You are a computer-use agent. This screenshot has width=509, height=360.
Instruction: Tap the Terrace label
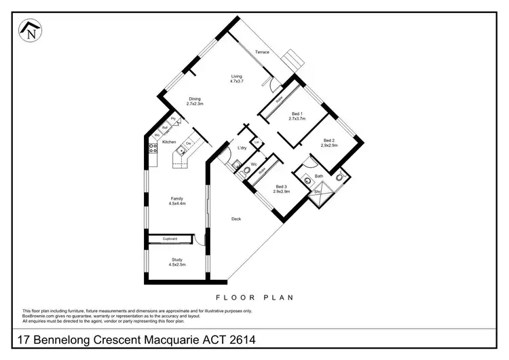[262, 52]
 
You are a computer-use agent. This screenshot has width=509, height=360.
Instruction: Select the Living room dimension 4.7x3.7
[236, 82]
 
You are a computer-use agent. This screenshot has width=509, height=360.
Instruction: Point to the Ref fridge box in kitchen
[165, 127]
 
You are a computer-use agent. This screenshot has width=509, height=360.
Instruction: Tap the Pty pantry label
[174, 119]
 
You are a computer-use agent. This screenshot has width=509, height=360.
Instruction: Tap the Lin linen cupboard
[257, 142]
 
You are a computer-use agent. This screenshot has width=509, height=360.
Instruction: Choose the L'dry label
[242, 148]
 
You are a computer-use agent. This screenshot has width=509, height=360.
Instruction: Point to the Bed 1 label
[297, 113]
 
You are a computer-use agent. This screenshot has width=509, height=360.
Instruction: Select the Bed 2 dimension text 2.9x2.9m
[330, 145]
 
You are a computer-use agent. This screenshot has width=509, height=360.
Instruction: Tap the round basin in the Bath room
[307, 180]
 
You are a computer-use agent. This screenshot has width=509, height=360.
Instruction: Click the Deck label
[236, 219]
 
